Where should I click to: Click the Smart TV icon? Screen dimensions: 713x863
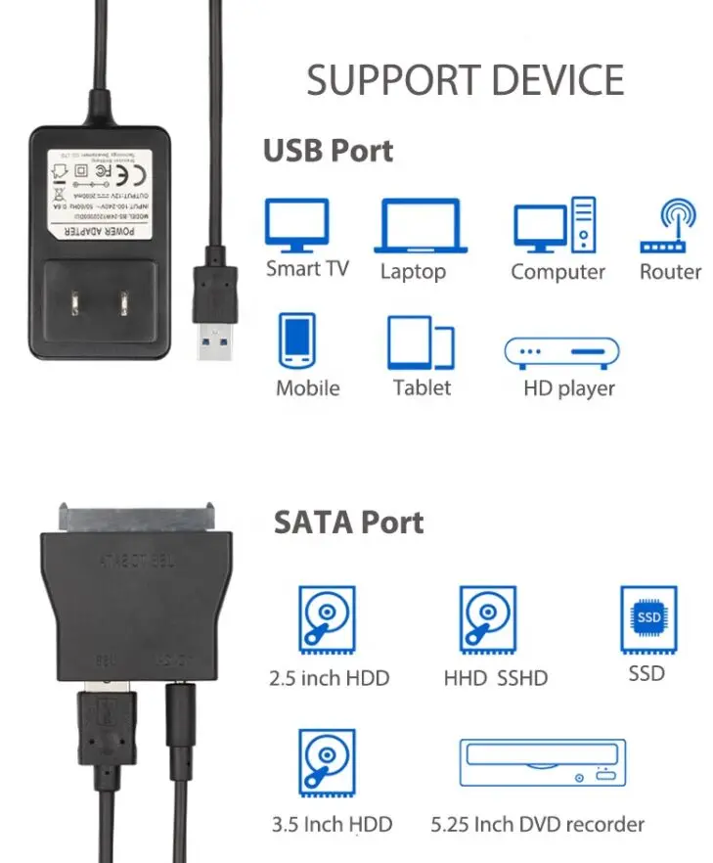[x=296, y=225]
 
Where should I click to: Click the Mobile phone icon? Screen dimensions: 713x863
[x=296, y=341]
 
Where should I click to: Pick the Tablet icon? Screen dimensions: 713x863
[x=421, y=342]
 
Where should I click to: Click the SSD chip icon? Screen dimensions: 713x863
[x=648, y=617]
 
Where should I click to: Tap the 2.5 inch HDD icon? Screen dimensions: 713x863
[x=326, y=619]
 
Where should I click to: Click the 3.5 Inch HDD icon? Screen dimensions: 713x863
[x=326, y=764]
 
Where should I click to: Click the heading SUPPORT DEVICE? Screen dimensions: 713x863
[x=465, y=80]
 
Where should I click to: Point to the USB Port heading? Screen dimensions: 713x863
[x=328, y=152]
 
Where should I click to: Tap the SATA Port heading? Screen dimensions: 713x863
[x=348, y=522]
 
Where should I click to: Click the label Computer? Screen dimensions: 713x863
[x=557, y=272]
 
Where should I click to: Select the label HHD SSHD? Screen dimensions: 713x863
[x=495, y=677]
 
